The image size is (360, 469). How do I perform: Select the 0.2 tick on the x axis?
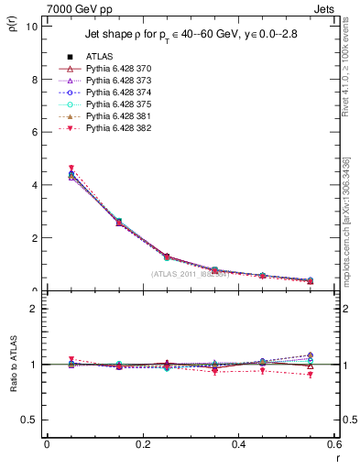tap(142, 445)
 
